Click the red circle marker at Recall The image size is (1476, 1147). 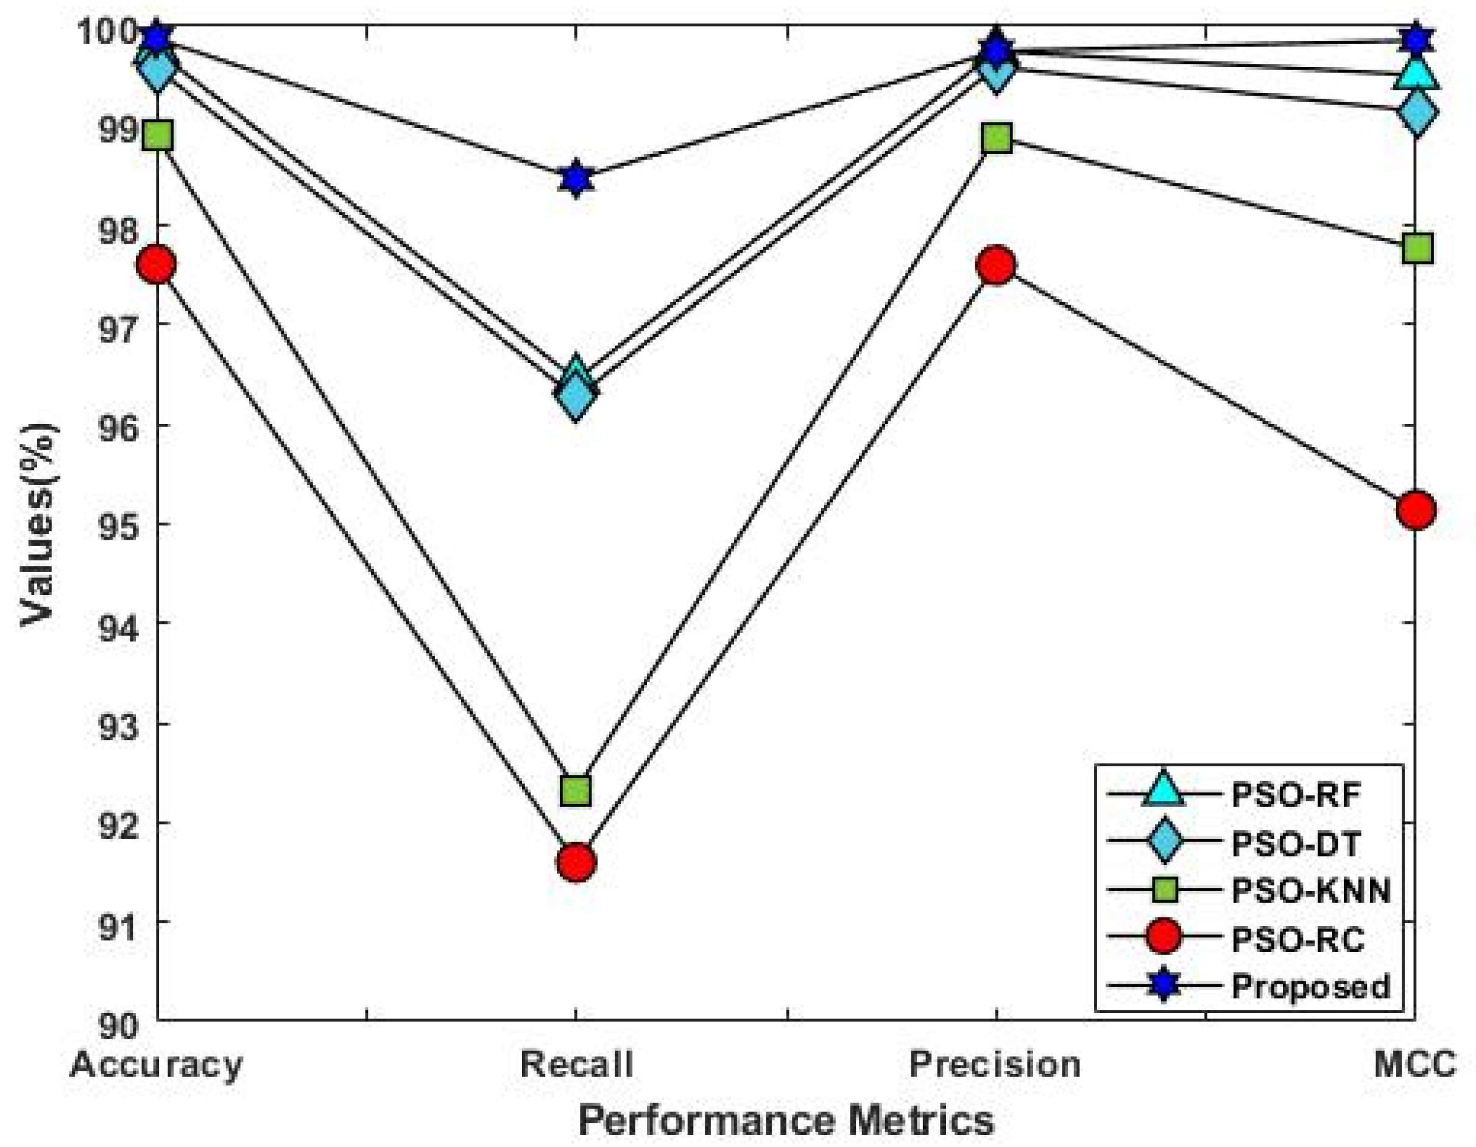[x=576, y=863]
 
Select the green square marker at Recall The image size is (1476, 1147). [x=576, y=789]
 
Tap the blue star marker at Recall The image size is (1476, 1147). [x=576, y=179]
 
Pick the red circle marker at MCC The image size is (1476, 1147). [x=1416, y=510]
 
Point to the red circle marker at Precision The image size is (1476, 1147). [x=996, y=266]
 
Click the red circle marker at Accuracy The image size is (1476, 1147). [x=157, y=264]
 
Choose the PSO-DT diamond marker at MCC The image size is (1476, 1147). [x=1416, y=112]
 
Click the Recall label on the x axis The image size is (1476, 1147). [x=576, y=1064]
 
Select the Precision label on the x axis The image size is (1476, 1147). [x=995, y=1064]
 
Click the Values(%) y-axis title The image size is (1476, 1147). [x=38, y=524]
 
